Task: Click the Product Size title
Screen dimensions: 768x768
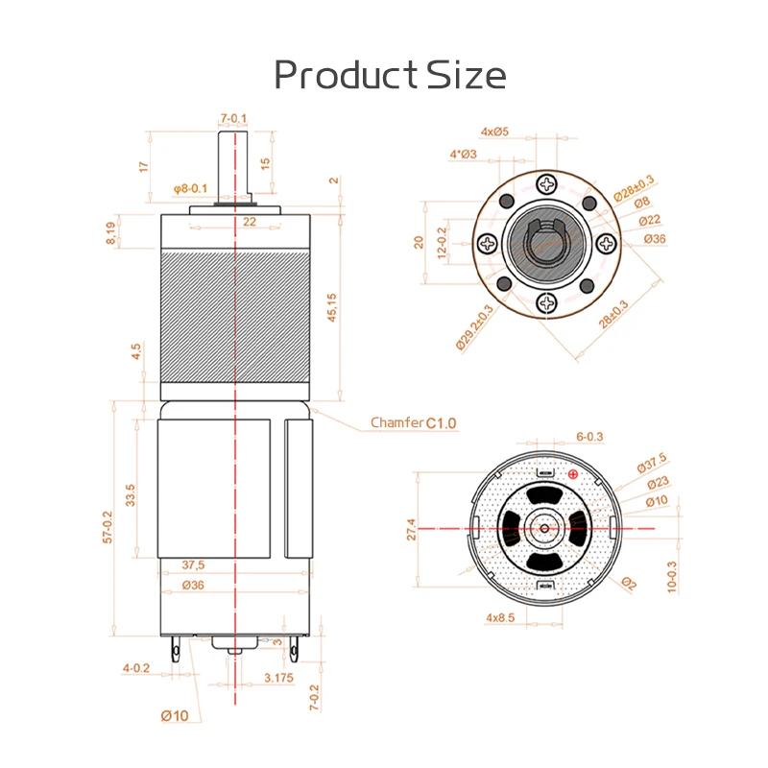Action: pos(390,75)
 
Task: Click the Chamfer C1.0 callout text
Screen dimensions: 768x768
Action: pos(414,422)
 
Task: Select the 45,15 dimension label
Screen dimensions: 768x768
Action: pos(333,306)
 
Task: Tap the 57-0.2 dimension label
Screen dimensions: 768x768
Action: pos(107,528)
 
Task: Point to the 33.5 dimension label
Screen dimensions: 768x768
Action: pos(131,494)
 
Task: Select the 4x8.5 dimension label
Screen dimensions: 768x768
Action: pos(501,618)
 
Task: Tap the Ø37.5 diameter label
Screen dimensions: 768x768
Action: pos(652,466)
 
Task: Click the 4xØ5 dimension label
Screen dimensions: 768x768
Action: pos(494,131)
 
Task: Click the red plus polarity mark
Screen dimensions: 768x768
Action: pos(574,474)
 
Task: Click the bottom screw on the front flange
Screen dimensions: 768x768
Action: pos(546,301)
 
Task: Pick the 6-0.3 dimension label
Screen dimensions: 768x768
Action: pos(589,437)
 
